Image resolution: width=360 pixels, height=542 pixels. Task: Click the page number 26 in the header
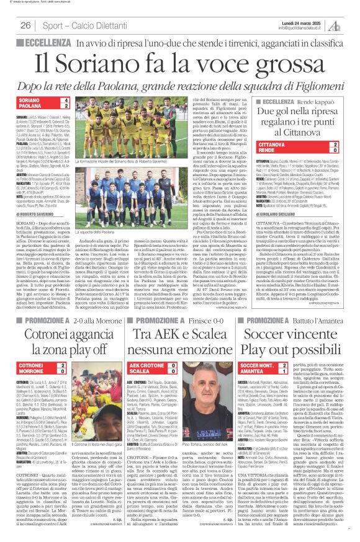pos(25,25)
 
